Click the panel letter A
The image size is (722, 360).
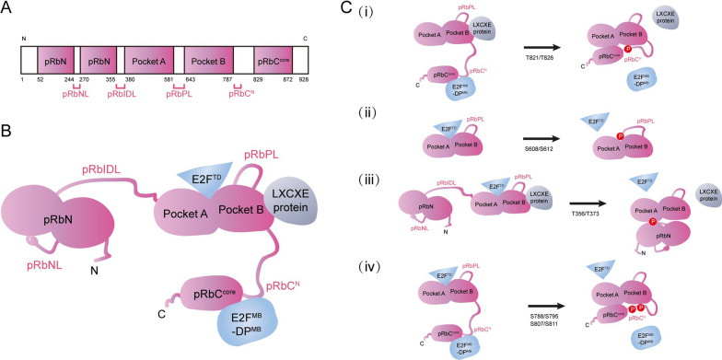coord(7,8)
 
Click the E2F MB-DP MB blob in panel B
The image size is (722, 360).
coord(223,298)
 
